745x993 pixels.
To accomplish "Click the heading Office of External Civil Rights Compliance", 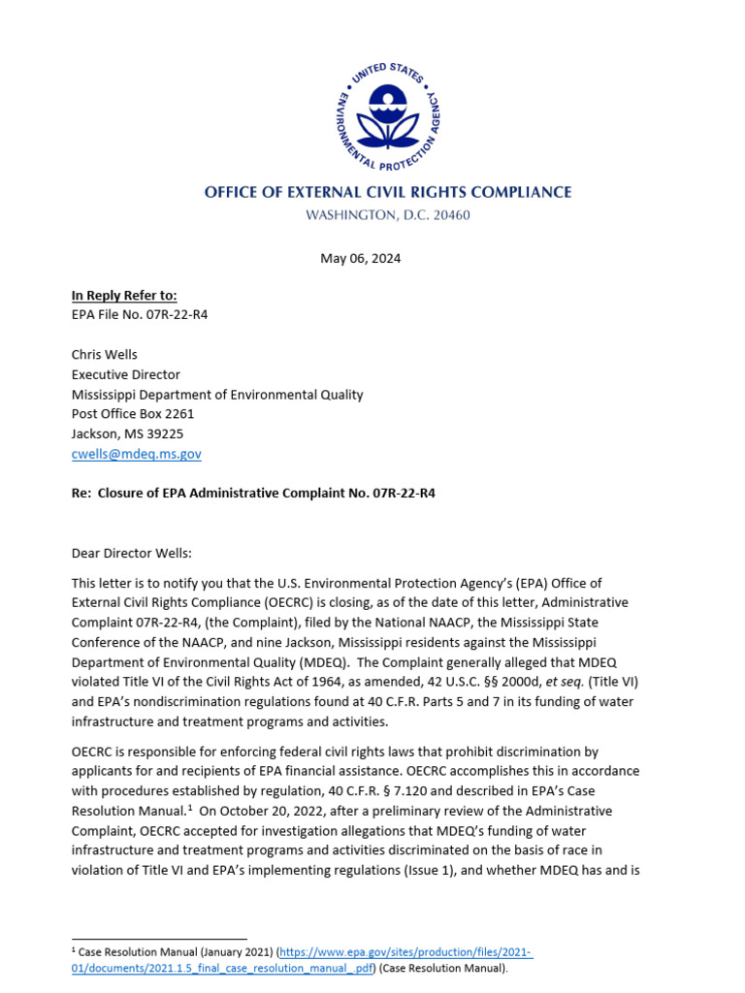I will (387, 192).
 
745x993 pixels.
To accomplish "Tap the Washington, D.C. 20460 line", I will (387, 215).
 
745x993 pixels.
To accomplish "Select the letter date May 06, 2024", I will (360, 259).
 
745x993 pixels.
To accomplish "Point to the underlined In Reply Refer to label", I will (124, 296).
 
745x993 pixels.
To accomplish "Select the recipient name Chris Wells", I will (106, 355).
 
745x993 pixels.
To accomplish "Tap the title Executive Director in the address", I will (126, 374).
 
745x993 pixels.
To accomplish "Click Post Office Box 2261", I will (133, 414).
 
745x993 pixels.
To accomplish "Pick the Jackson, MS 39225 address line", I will (127, 433).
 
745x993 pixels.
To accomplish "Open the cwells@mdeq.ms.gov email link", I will (137, 454).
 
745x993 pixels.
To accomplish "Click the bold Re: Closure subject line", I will (253, 494).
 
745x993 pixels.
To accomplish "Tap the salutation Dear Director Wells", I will (132, 553).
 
